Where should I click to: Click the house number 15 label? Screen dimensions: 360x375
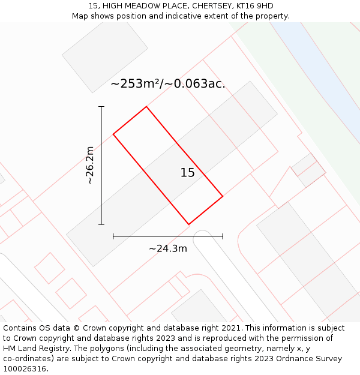click(187, 173)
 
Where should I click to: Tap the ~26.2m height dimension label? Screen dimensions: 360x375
click(89, 165)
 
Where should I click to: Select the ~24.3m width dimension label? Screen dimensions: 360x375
click(168, 248)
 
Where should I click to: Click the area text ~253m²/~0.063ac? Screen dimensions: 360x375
click(168, 84)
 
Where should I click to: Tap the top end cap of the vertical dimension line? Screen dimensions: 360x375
click(101, 107)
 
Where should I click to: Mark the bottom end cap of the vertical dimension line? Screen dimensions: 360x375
click(101, 224)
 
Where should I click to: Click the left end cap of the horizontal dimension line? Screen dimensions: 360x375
click(113, 236)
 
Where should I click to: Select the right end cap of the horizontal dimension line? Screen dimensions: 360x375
click(223, 236)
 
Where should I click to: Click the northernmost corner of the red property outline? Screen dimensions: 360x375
click(146, 107)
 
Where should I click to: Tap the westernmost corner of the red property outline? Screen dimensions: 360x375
click(113, 134)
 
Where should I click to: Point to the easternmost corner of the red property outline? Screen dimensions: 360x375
click(223, 196)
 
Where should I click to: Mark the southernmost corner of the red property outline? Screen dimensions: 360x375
click(189, 224)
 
